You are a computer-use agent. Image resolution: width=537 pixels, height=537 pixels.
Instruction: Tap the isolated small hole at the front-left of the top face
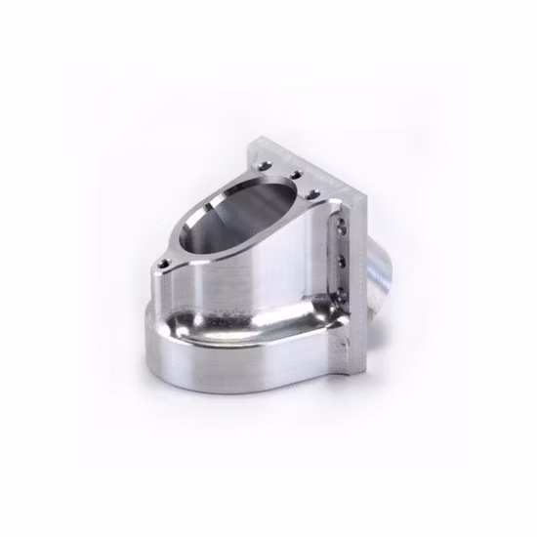[x=163, y=264]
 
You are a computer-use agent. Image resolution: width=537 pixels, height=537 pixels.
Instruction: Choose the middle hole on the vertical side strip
[x=341, y=261]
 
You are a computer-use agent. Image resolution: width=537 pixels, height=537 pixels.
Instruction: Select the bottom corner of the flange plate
[x=356, y=374]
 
